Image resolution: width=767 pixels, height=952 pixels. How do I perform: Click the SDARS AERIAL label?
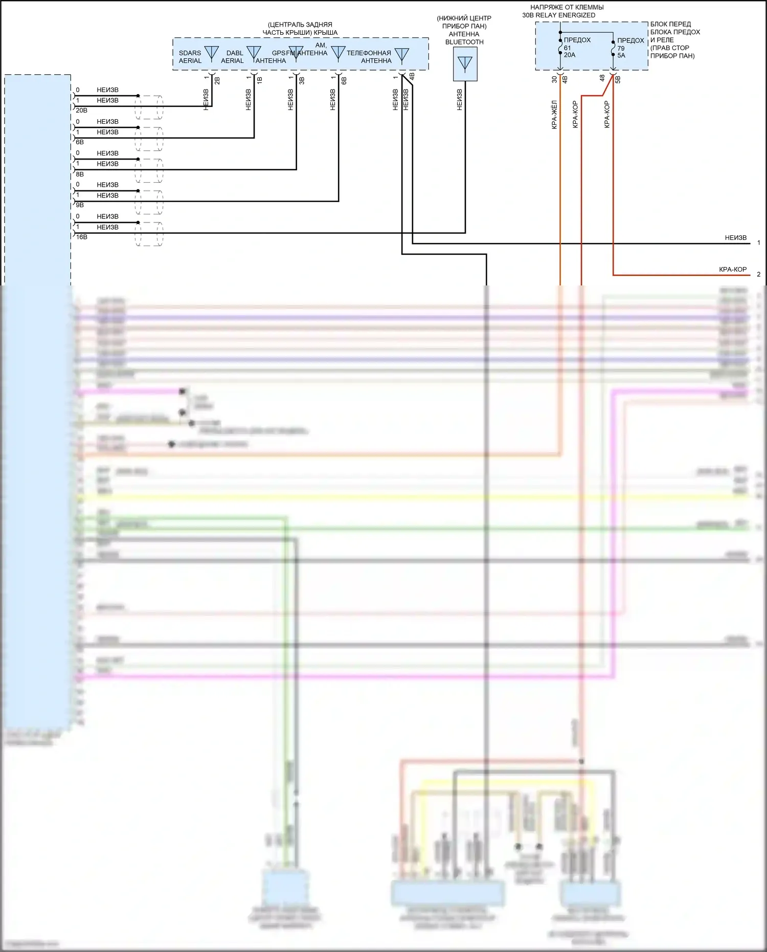190,57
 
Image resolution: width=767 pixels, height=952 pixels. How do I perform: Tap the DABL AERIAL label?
233,57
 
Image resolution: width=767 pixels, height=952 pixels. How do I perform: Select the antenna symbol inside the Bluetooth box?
465,64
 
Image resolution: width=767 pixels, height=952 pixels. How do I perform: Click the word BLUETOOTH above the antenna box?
464,42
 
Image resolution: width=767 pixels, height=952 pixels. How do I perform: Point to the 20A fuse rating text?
570,55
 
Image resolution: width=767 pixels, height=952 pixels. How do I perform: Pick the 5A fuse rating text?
621,56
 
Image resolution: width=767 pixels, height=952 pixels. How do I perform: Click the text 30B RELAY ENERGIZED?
558,15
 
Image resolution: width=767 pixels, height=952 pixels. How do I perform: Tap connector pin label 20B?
81,110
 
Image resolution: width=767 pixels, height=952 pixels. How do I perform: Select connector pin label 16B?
81,237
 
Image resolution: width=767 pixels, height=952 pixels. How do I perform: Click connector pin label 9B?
80,205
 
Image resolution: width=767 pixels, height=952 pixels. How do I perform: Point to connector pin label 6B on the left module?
80,142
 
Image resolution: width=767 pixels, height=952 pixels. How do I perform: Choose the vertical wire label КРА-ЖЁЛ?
554,115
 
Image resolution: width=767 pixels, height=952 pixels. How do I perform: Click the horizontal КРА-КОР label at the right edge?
733,270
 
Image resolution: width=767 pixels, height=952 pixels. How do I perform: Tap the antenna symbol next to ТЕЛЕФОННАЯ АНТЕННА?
402,55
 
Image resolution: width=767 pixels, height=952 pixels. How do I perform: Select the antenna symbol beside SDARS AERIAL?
211,53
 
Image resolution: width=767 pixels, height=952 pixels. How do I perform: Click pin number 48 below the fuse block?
602,78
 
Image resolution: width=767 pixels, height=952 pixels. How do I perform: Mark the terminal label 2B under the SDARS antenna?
217,80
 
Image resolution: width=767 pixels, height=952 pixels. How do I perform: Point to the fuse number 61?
568,48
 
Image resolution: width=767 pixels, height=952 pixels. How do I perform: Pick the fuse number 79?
621,49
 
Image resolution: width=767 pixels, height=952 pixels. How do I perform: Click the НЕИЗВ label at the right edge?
735,238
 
